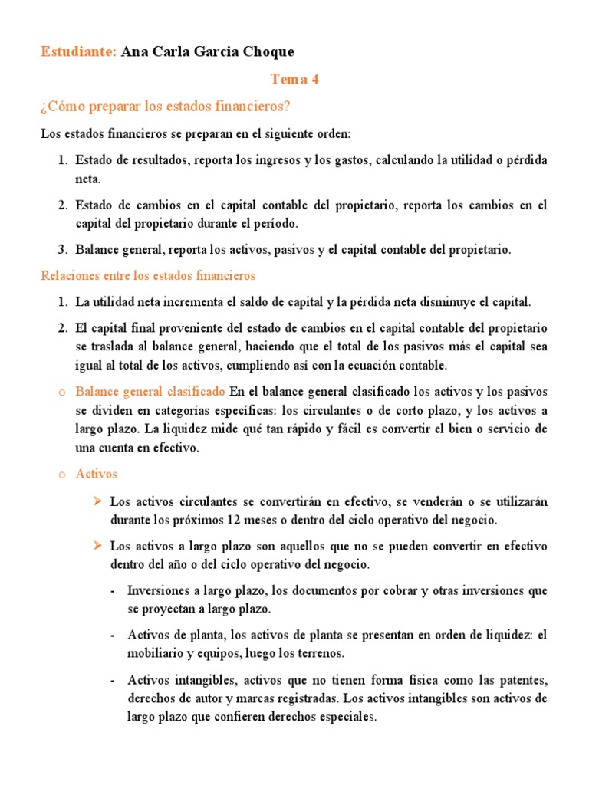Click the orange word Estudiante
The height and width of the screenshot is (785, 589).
click(78, 51)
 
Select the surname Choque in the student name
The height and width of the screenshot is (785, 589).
click(265, 51)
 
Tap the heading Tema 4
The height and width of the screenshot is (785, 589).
click(294, 79)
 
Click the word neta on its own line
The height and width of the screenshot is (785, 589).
click(87, 179)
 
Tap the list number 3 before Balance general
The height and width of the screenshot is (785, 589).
click(63, 249)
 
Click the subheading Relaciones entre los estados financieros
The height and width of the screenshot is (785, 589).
click(148, 274)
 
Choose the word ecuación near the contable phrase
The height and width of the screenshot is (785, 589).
click(390, 364)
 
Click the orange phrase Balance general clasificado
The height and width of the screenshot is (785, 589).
click(150, 390)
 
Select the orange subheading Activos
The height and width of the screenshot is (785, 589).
click(96, 475)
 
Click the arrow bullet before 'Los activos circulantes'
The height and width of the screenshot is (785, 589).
click(97, 501)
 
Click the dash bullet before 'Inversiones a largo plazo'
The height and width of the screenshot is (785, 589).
click(114, 591)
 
